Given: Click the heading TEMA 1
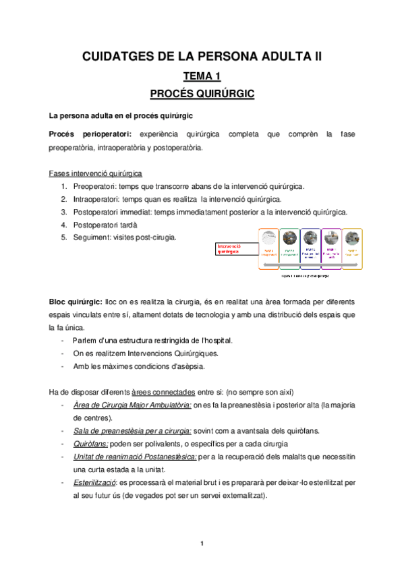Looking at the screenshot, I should [x=202, y=76].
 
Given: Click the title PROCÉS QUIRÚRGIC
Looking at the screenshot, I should [x=202, y=94].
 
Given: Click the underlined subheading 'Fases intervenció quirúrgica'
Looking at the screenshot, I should [x=95, y=173].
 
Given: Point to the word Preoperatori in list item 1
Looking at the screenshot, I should [x=95, y=185].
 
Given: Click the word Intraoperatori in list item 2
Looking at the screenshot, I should [x=96, y=199].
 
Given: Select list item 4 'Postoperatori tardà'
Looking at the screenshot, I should [x=105, y=225].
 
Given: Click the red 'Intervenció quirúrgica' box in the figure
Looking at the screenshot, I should [x=236, y=250].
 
